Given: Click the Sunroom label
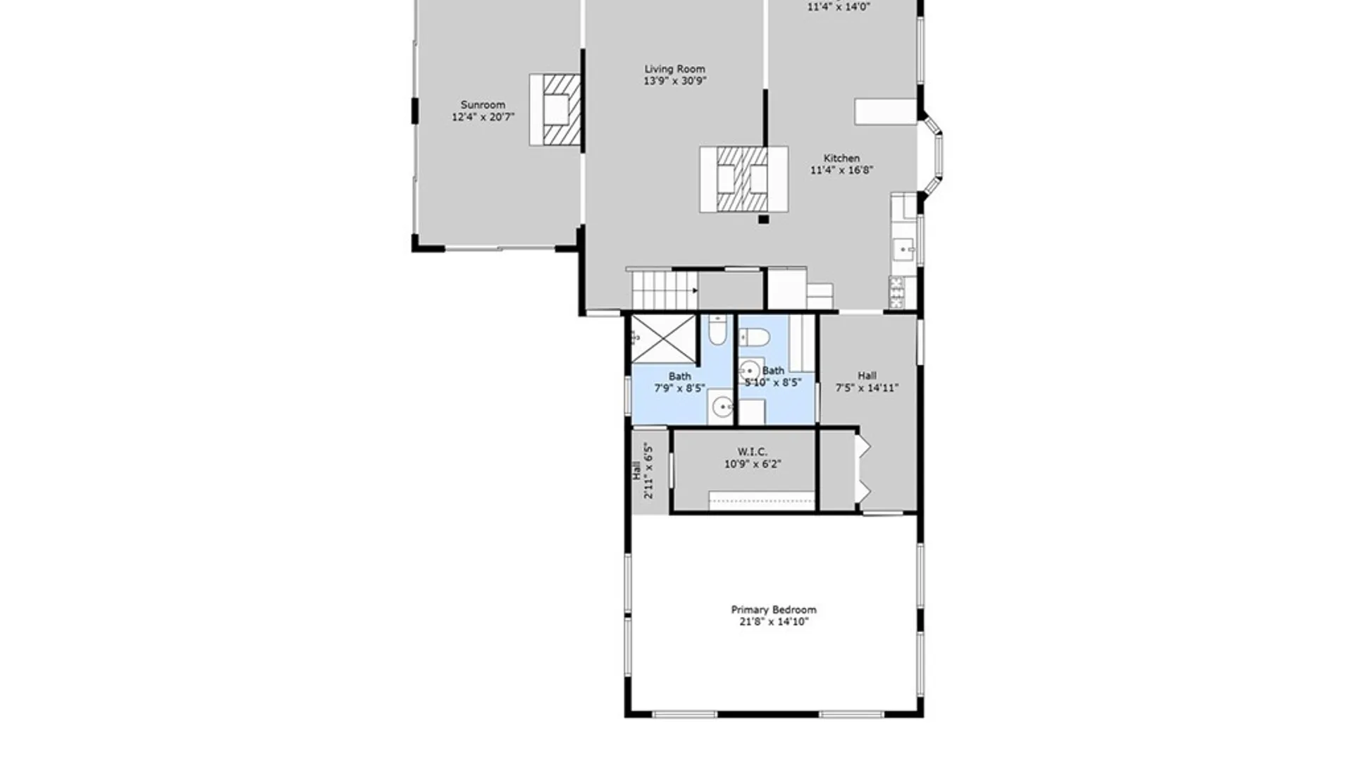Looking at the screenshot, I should click(483, 105).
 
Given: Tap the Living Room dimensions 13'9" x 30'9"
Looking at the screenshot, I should click(674, 81).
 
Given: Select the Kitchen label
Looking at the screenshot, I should click(841, 159).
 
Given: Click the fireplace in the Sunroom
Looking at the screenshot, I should click(556, 110).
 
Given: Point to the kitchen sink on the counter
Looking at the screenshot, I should click(903, 249).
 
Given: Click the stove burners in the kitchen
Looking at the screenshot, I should click(896, 292).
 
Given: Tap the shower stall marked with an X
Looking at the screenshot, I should click(663, 339).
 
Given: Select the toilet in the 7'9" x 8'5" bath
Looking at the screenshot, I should click(717, 330).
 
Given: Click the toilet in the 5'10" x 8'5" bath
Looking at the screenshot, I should click(753, 338).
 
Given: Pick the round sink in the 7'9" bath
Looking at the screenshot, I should click(722, 407).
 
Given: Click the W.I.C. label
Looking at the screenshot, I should click(752, 452).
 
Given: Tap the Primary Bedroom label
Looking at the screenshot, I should click(773, 610).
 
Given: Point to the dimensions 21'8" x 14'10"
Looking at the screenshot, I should click(773, 621).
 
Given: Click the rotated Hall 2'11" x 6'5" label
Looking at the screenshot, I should click(643, 471).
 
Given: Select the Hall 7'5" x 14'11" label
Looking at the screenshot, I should click(867, 381).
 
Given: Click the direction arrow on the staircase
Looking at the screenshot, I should click(695, 290).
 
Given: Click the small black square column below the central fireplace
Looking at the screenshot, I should click(763, 219).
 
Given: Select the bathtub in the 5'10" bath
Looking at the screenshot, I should click(801, 343).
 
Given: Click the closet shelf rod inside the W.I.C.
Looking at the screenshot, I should click(761, 501).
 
